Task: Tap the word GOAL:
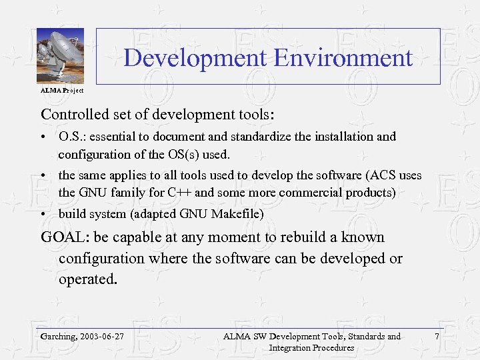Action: [x=65, y=237]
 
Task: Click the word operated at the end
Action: [x=87, y=279]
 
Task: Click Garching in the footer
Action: [x=57, y=336]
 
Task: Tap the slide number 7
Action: [x=437, y=336]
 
